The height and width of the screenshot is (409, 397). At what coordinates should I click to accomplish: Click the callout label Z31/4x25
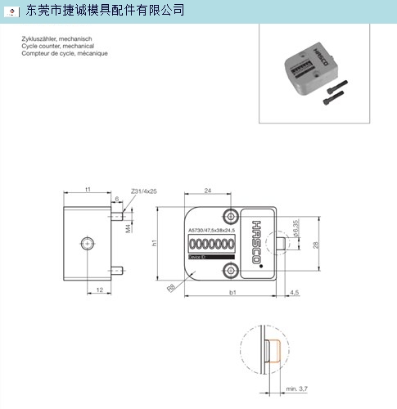click(x=143, y=191)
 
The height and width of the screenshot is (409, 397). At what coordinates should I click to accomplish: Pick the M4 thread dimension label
click(x=128, y=230)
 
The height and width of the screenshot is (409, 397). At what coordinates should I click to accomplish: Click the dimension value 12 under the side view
click(x=98, y=290)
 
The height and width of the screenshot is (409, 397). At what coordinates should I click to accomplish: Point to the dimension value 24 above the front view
click(x=207, y=191)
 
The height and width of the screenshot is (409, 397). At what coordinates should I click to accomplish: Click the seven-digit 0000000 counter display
click(x=206, y=244)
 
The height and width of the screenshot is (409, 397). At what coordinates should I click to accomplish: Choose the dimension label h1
click(x=153, y=243)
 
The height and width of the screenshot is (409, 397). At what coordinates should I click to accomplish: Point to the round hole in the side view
click(x=88, y=242)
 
